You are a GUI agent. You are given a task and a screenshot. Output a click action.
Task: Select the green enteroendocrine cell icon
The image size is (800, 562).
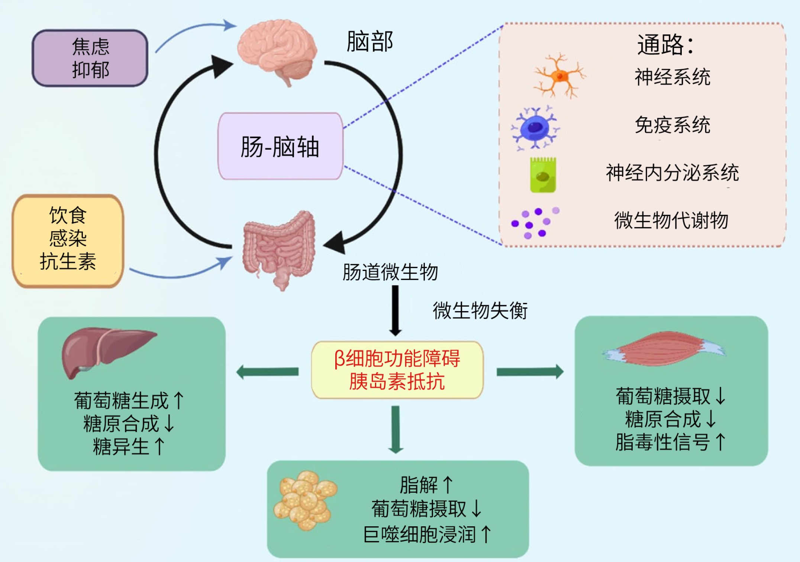coord(543,175)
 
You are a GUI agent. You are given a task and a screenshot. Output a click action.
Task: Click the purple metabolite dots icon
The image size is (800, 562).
coord(533,223)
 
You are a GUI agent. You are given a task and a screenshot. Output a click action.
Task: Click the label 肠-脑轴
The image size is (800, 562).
coord(280,147)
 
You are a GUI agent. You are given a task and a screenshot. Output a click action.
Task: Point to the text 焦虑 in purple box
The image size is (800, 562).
coord(90,47)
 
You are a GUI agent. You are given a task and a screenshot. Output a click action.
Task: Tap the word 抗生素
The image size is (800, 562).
coord(68,261)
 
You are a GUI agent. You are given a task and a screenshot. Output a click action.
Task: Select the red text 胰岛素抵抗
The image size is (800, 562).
coord(397,382)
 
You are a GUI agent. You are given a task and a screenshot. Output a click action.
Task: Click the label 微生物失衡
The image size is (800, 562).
coord(480,311)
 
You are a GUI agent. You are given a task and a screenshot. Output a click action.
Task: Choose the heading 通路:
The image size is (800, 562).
coord(665,45)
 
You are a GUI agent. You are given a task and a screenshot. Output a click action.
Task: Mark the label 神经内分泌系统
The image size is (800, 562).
coord(672,173)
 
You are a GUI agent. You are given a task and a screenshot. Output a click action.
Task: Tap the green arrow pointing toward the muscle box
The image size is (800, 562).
coord(530,371)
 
